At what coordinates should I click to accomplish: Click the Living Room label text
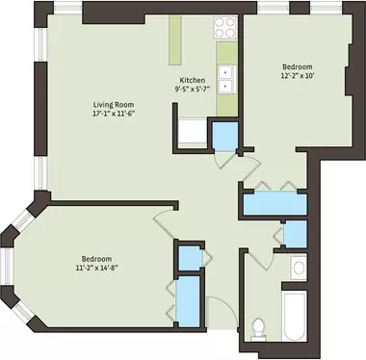[114, 105]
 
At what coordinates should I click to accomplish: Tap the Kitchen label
[192, 80]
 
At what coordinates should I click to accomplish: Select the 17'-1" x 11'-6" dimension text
[113, 114]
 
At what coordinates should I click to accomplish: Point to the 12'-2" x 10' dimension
[297, 76]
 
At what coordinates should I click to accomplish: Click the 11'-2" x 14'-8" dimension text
[96, 268]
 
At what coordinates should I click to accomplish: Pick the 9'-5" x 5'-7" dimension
[193, 90]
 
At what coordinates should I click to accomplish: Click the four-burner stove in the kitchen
[224, 27]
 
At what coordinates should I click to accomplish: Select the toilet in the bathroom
[258, 328]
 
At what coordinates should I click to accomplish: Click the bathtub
[295, 317]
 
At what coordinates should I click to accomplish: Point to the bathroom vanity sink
[299, 268]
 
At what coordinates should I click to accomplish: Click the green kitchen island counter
[175, 40]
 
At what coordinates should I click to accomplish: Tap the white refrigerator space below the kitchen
[193, 133]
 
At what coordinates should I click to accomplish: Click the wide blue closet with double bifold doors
[275, 204]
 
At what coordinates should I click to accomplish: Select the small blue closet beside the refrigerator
[225, 136]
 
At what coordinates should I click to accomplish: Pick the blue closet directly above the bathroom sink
[296, 234]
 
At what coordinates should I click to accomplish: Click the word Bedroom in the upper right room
[298, 66]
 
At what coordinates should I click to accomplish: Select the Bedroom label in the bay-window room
[96, 259]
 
